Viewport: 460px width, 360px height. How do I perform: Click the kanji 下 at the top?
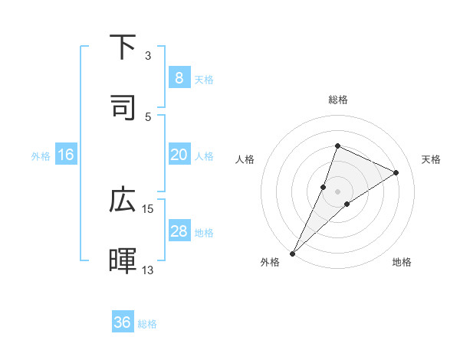point(123,47)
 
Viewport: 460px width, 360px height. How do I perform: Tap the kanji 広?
point(123,201)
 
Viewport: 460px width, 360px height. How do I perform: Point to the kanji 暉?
point(123,260)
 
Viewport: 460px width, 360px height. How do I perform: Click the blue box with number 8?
point(179,77)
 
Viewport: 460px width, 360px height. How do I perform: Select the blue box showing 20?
point(179,155)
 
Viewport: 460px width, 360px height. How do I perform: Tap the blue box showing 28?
point(179,231)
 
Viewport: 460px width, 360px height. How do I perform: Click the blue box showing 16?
point(66,155)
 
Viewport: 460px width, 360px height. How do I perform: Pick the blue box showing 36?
point(123,322)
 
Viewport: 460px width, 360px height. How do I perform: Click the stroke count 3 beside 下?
point(148,55)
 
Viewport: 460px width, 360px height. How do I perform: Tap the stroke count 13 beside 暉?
point(148,270)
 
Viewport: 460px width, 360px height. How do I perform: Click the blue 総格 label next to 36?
point(147,324)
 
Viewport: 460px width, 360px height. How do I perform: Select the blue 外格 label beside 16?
point(41,156)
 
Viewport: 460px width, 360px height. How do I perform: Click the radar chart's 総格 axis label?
point(337,100)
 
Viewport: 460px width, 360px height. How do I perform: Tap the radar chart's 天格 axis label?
point(432,159)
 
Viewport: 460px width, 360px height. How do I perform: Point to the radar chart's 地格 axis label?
point(402,262)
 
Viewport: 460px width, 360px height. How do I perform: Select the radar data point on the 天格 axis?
point(396,172)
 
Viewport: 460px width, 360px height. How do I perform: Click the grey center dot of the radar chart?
point(337,191)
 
